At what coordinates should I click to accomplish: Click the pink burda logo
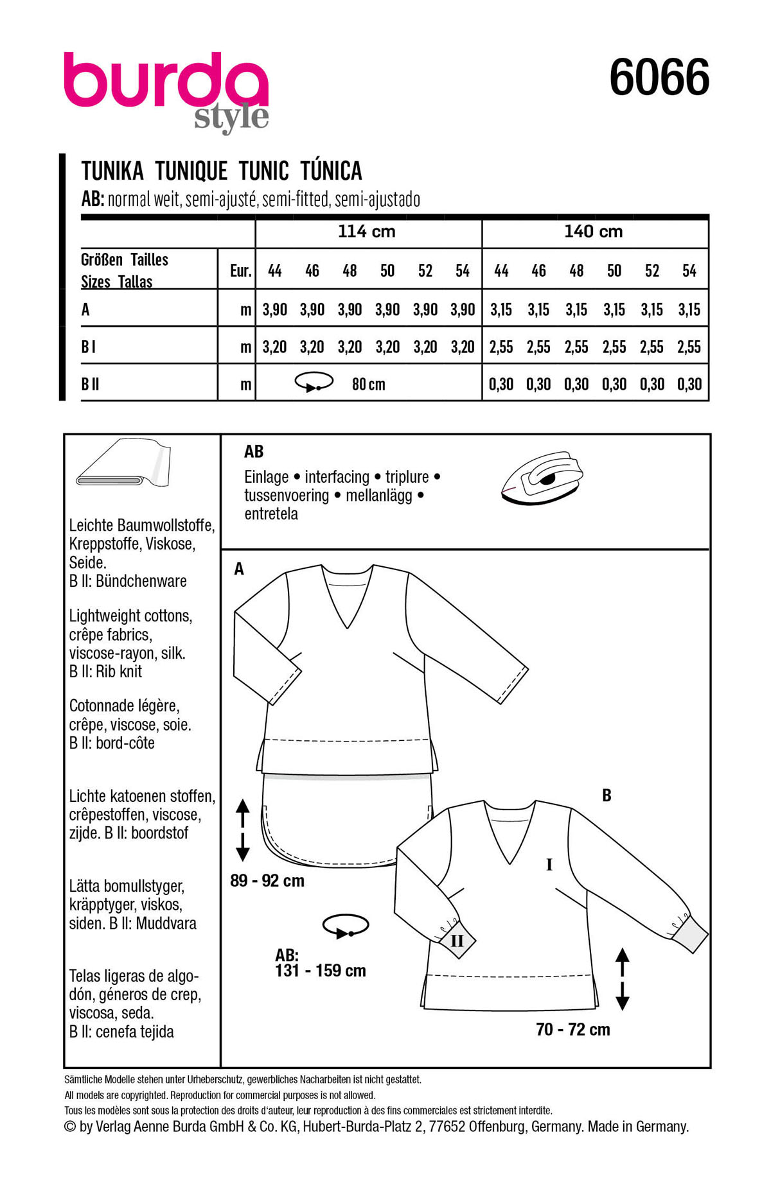166,82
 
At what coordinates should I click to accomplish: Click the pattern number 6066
659,78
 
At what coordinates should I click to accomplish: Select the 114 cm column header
367,232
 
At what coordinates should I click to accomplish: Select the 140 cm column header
594,232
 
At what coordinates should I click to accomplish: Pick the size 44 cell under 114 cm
275,271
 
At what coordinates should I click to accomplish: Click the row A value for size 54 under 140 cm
689,310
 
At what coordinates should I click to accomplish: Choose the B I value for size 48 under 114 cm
350,347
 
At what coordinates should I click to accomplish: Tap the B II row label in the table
91,385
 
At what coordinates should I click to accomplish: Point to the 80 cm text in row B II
369,385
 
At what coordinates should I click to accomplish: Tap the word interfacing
337,477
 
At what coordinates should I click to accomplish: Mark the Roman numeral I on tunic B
549,865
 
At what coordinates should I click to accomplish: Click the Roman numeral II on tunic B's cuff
457,941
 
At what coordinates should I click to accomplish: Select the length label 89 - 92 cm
267,881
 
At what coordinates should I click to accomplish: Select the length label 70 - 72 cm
573,1030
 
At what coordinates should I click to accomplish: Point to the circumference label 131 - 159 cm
321,971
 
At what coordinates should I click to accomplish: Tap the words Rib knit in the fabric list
119,672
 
